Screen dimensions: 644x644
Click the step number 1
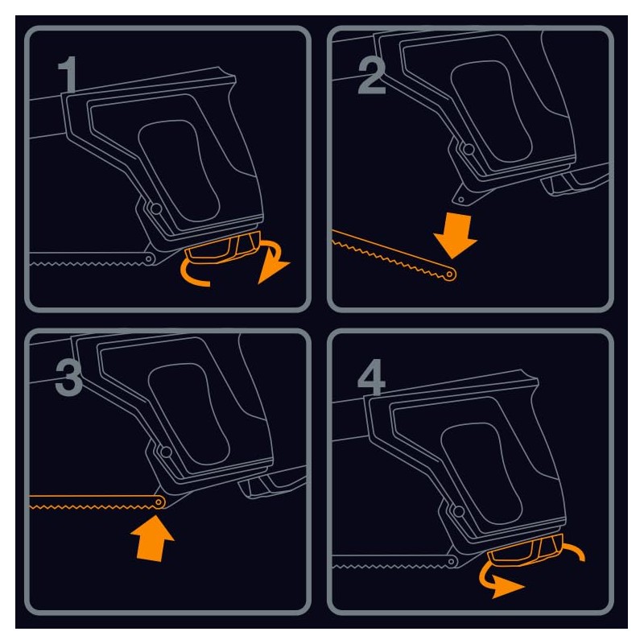(68, 75)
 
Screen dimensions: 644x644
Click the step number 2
(372, 75)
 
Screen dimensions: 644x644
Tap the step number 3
(68, 378)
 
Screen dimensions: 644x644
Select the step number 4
(371, 378)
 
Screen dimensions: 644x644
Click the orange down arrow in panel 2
(455, 235)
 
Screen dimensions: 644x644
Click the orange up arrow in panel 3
(152, 538)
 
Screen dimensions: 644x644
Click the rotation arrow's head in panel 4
(507, 586)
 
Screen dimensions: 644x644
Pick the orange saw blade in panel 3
(97, 502)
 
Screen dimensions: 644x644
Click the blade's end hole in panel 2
(451, 274)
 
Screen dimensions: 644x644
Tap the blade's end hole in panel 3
(159, 502)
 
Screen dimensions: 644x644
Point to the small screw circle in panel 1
(155, 208)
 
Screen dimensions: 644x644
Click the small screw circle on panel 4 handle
(458, 511)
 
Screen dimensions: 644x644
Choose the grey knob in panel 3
(272, 485)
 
